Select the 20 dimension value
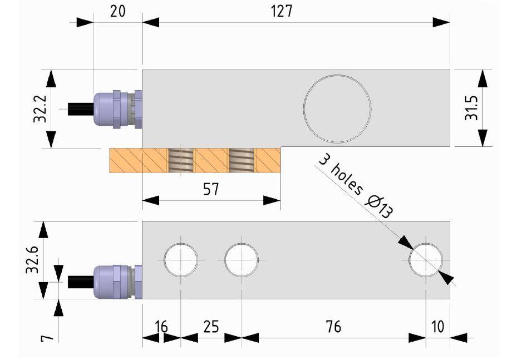[x=117, y=11]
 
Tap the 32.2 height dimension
[x=40, y=109]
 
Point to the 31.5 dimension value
[x=471, y=108]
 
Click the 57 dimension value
[x=211, y=189]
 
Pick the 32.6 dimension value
[x=33, y=259]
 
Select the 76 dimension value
[x=333, y=327]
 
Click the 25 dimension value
[x=211, y=327]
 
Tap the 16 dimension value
[x=161, y=327]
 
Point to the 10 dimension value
[x=437, y=327]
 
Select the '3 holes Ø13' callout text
[x=356, y=187]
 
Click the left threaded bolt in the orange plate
[x=180, y=160]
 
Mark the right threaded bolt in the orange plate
[x=242, y=160]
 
